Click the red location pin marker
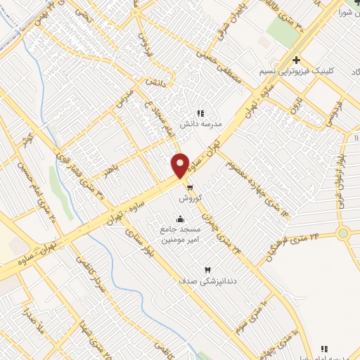(181, 165)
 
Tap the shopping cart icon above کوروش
(190, 187)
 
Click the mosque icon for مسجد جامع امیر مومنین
(182, 218)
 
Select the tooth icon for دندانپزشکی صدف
(207, 270)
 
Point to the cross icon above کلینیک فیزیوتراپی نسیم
(297, 60)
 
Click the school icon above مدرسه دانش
(200, 112)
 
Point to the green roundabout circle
(343, 233)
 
